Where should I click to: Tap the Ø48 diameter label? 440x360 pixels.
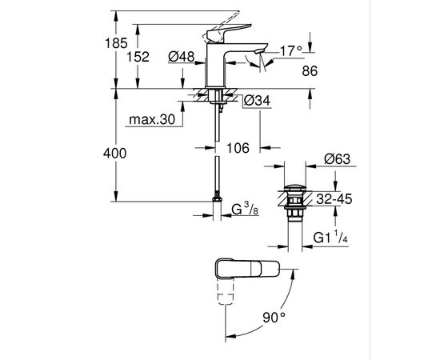(183, 56)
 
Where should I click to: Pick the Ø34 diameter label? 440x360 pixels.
(255, 101)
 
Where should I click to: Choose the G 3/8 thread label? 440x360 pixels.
(244, 211)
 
